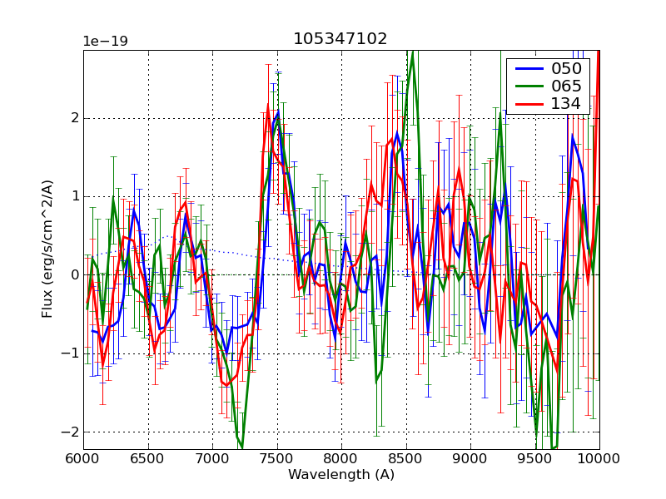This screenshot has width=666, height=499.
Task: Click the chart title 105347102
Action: coord(340,39)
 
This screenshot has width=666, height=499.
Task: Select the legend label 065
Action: coord(566,86)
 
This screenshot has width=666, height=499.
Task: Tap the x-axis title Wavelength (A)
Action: coord(341,475)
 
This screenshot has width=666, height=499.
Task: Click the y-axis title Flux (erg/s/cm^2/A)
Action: coord(47,249)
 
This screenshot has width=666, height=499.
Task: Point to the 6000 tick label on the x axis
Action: coord(83,459)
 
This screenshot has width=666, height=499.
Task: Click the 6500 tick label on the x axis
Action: coord(148,459)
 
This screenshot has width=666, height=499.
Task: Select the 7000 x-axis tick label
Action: coord(212,459)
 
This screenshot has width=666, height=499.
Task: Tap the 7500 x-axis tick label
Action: coord(277,459)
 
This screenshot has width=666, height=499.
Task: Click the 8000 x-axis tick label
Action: coord(341,459)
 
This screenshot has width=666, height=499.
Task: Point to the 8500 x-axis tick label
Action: coord(406,459)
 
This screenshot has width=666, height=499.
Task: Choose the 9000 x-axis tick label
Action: coord(470,459)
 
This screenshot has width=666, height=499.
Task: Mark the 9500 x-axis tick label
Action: coord(535,459)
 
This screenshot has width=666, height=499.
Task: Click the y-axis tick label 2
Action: coord(74,118)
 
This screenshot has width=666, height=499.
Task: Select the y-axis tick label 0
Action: coord(74,275)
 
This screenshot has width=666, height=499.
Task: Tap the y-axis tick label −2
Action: coord(70,432)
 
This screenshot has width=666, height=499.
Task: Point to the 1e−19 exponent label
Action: coord(105,42)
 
